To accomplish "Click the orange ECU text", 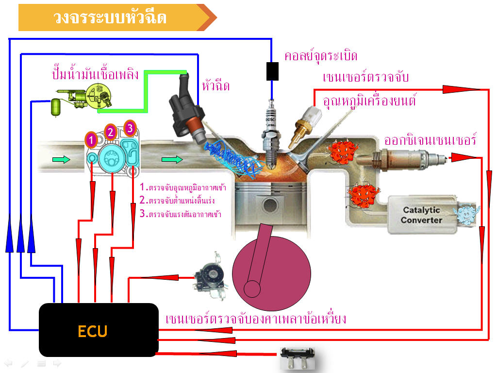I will [x=93, y=331].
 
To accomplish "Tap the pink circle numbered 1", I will [x=91, y=140].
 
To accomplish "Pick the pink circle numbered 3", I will [x=130, y=128].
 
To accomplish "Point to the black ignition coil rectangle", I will [x=273, y=71].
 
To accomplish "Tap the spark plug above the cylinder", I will [x=270, y=126].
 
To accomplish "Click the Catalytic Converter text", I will [x=421, y=215].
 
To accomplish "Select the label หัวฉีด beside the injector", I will [x=215, y=86].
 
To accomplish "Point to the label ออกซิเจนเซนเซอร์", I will [x=430, y=139].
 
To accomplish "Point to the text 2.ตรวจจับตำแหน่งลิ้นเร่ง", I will [x=177, y=200].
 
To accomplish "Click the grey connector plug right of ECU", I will [x=298, y=357].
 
